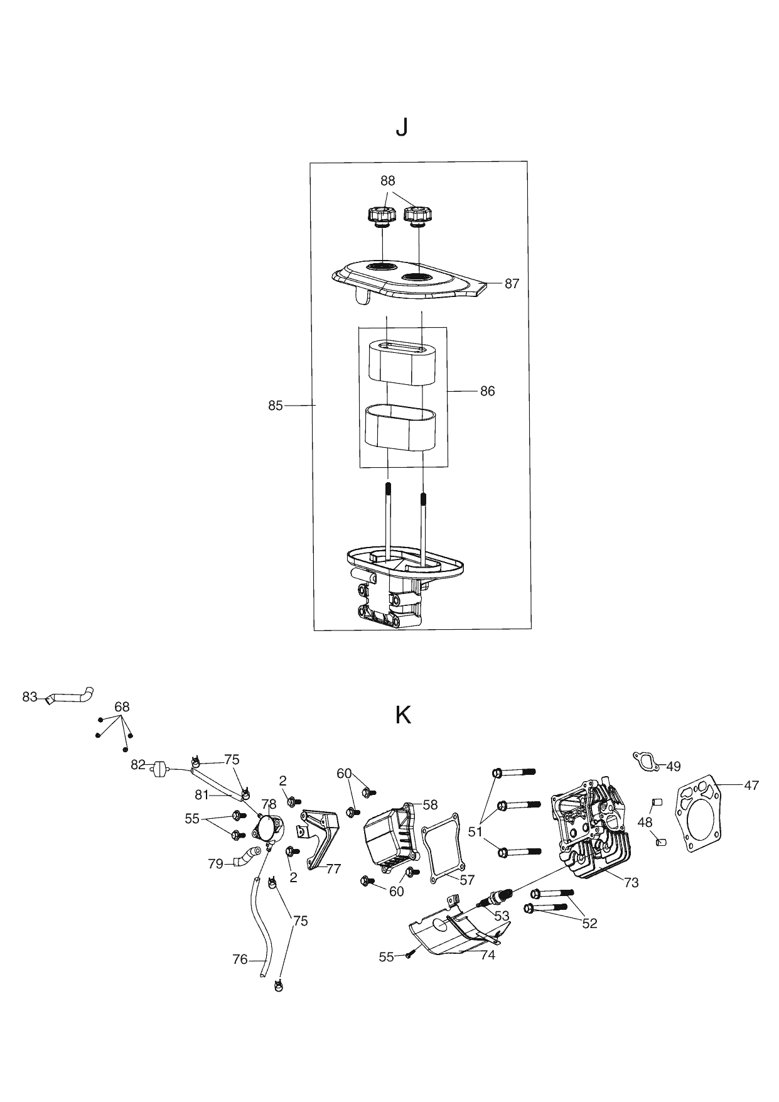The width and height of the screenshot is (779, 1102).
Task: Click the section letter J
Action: tap(401, 128)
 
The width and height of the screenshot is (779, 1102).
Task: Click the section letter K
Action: tap(403, 715)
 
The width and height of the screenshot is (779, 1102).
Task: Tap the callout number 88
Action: tap(388, 180)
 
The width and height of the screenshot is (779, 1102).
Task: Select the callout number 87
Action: tap(512, 284)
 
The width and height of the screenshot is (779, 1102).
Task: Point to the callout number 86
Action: tap(487, 391)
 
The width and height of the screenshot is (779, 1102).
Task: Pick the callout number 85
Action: tap(276, 406)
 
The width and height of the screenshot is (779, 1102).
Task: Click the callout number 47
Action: tap(751, 785)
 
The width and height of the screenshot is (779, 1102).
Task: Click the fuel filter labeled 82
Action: tap(160, 769)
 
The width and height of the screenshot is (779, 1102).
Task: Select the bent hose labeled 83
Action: tap(72, 696)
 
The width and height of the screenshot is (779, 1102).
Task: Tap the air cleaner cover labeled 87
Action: tap(408, 283)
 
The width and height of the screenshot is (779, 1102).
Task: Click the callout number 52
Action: tap(589, 923)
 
